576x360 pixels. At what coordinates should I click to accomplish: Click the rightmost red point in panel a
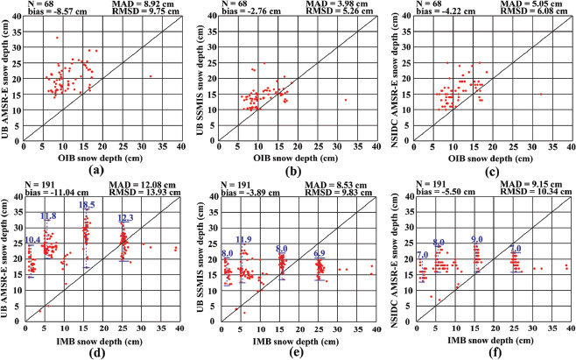(151, 76)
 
